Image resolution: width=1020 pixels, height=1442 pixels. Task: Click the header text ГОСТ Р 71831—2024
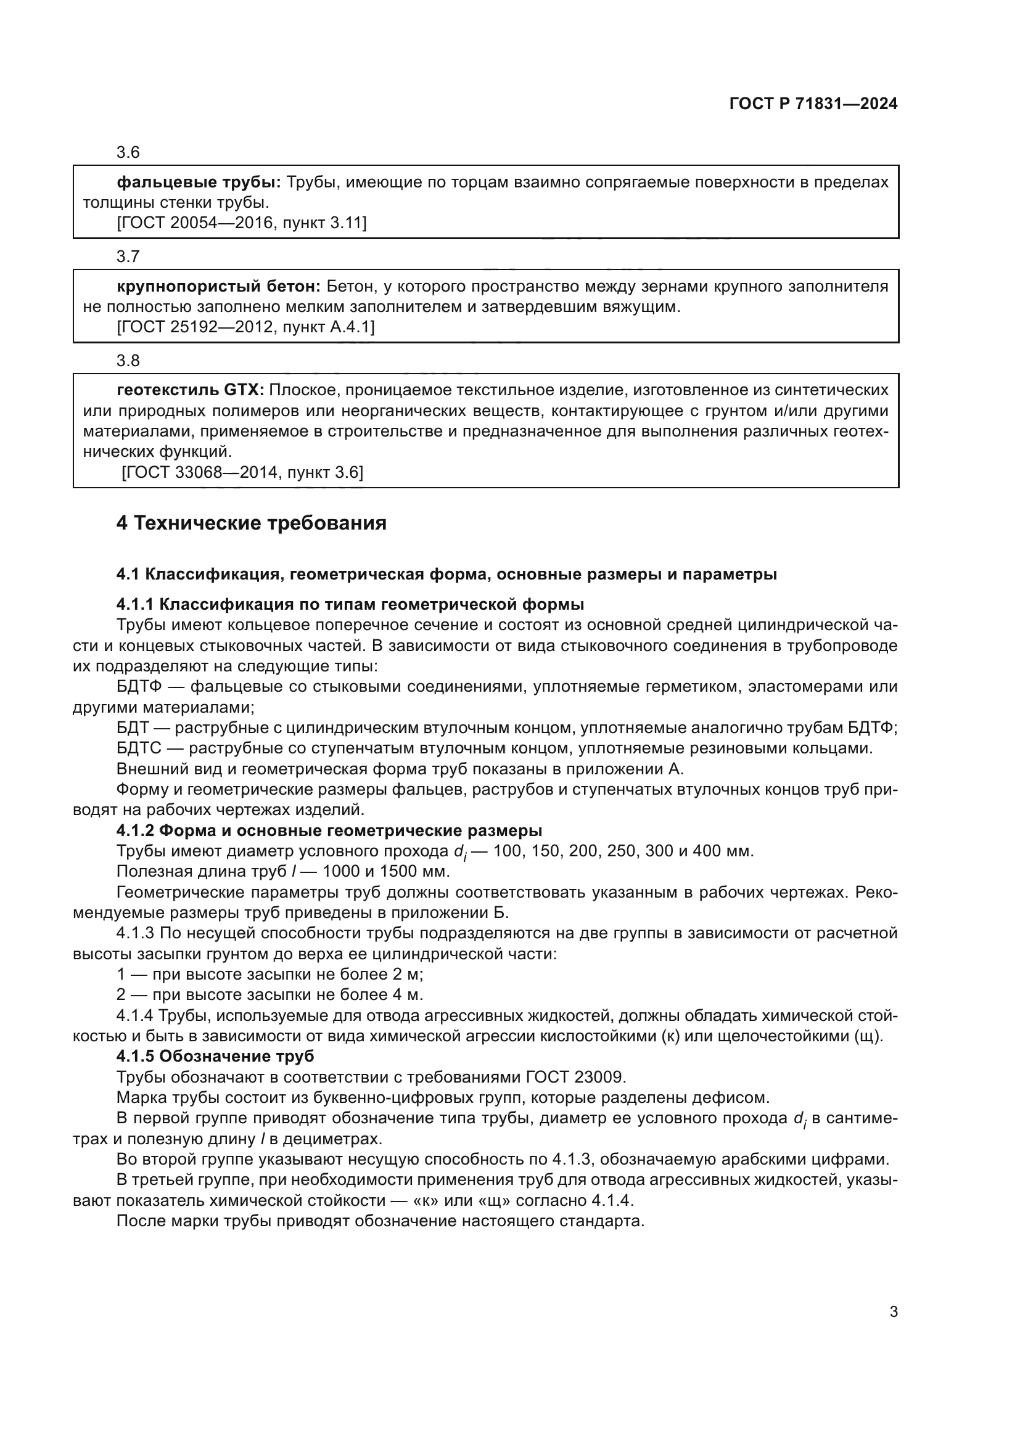[813, 104]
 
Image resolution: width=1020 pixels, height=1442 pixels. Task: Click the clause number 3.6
[128, 153]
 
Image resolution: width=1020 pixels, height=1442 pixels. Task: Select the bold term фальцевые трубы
[199, 182]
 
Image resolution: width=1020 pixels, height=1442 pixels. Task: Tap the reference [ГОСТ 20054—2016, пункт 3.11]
[241, 223]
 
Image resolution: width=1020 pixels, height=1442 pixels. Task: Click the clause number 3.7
[128, 257]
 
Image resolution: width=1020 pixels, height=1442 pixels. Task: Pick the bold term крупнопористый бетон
[218, 287]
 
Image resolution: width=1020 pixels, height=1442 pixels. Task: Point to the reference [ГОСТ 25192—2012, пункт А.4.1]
[245, 327]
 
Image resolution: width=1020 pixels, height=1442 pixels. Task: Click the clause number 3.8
[128, 361]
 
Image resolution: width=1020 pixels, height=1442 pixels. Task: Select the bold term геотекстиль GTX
[191, 391]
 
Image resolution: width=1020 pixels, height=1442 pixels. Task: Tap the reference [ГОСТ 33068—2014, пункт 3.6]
[242, 472]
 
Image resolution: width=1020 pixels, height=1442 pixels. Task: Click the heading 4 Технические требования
[251, 523]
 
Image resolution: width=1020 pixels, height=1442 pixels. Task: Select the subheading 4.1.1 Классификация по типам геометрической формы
[350, 605]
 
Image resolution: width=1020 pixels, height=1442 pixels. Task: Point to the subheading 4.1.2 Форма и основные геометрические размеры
[329, 831]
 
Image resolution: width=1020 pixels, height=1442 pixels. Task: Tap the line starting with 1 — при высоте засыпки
[269, 975]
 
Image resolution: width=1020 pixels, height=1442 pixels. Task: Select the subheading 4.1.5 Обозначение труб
[215, 1057]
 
